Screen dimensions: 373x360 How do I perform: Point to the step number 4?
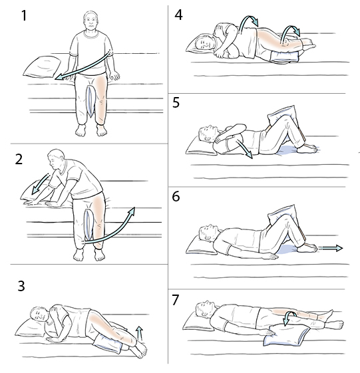click(178, 14)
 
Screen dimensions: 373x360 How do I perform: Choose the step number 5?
click(176, 104)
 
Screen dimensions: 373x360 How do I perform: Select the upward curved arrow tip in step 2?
click(132, 211)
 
